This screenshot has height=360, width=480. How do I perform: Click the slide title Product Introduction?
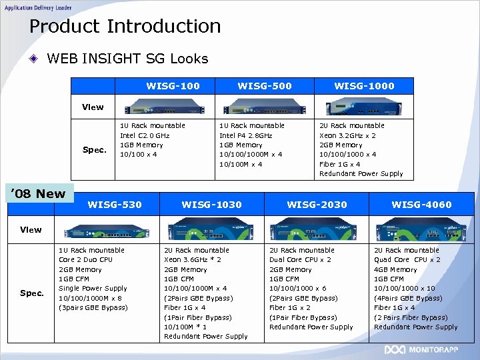pyautogui.click(x=125, y=27)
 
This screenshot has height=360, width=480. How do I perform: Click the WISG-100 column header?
pyautogui.click(x=173, y=86)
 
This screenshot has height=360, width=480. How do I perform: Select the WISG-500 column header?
pyautogui.click(x=265, y=86)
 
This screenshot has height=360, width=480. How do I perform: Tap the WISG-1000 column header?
pyautogui.click(x=364, y=86)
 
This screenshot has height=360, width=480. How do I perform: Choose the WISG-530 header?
pyautogui.click(x=115, y=205)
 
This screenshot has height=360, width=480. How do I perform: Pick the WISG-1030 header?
pyautogui.click(x=211, y=205)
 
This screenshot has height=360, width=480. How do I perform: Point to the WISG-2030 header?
pyautogui.click(x=317, y=205)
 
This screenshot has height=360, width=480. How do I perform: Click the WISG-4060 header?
pyautogui.click(x=421, y=205)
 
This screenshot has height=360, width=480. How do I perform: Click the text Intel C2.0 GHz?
pyautogui.click(x=145, y=135)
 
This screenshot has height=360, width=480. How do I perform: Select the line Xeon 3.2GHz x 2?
pyautogui.click(x=347, y=135)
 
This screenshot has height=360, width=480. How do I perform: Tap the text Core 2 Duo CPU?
pyautogui.click(x=86, y=260)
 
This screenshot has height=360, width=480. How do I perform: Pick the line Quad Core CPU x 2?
pyautogui.click(x=407, y=260)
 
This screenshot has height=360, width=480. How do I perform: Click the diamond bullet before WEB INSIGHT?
pyautogui.click(x=34, y=59)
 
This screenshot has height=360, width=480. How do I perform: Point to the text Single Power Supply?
pyautogui.click(x=93, y=289)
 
